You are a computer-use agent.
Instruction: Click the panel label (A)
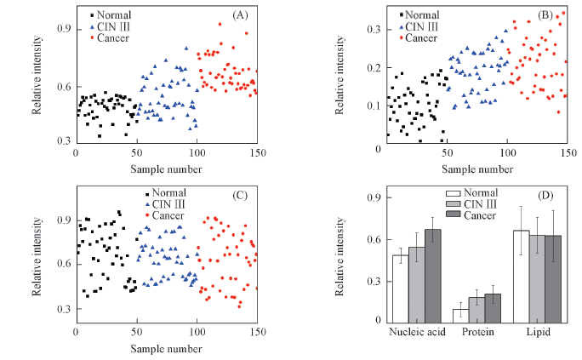click(x=240, y=16)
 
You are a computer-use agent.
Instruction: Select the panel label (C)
click(x=240, y=196)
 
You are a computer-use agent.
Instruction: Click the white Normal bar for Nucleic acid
click(x=400, y=288)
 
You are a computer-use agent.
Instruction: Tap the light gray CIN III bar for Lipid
click(x=538, y=277)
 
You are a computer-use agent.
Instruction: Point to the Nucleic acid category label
click(x=417, y=332)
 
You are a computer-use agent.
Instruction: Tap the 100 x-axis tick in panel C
click(x=197, y=332)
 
